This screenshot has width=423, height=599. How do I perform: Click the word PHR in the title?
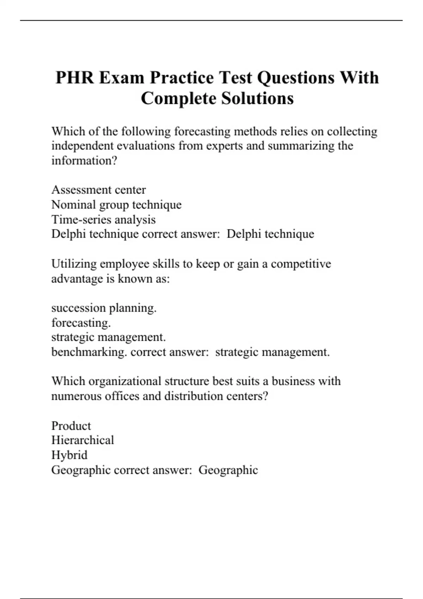[75, 78]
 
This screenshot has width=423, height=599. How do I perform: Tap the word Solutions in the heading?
[257, 98]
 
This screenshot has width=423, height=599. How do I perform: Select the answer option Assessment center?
[98, 190]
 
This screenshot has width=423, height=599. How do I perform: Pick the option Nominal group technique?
[116, 205]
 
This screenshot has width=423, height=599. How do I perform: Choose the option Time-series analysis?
[103, 220]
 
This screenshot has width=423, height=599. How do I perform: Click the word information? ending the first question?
[84, 161]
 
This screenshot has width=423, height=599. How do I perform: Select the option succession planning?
[104, 308]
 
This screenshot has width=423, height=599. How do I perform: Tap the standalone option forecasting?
[81, 323]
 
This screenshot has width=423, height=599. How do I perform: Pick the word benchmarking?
[89, 352]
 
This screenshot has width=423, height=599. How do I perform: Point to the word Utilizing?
[74, 264]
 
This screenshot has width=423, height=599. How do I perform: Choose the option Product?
[71, 426]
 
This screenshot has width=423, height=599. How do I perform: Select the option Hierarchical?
[82, 440]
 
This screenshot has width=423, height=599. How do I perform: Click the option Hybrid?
[69, 455]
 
